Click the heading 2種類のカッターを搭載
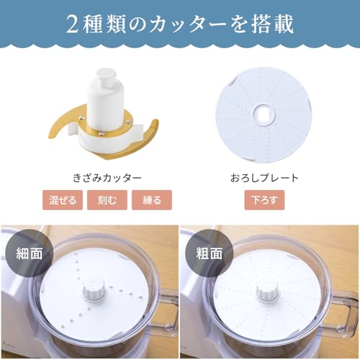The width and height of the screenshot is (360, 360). click(180, 24)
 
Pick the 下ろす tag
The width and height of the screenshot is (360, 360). click(264, 199)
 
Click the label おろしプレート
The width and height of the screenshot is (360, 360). click(264, 176)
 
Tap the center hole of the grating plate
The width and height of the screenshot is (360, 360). click(264, 114)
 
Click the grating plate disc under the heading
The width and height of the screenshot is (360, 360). click(238, 94)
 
